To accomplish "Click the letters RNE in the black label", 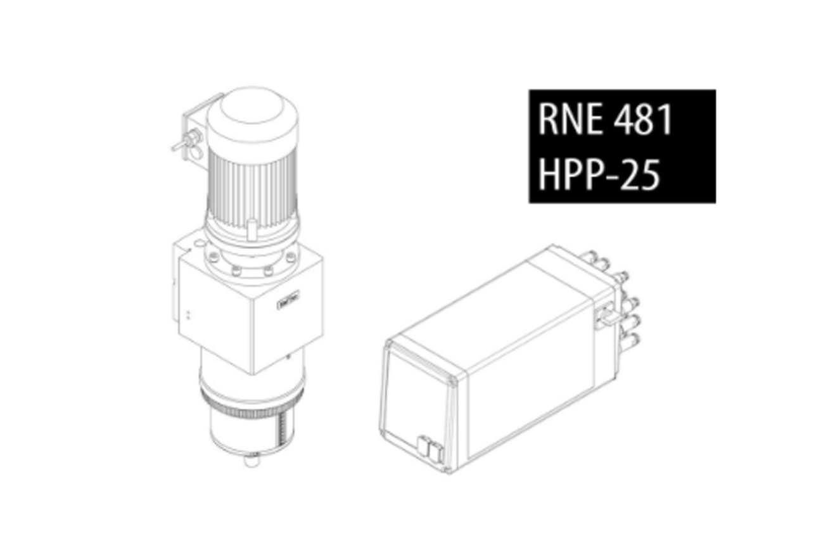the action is click(x=570, y=118).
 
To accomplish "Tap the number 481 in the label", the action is click(x=643, y=118).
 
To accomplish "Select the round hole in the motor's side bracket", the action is click(x=197, y=153).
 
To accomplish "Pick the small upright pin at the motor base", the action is click(x=251, y=229).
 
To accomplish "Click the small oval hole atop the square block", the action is click(x=200, y=243).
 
